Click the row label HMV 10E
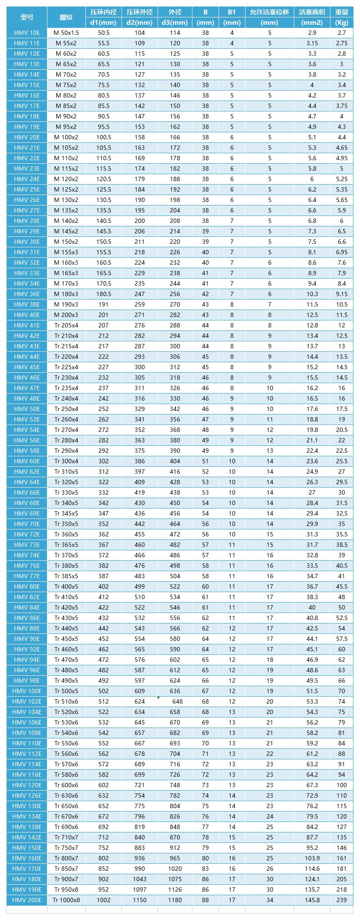[x=27, y=33]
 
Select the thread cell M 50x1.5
[x=66, y=33]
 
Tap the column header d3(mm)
[x=175, y=23]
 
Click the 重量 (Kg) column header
[x=341, y=17]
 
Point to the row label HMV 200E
[x=27, y=900]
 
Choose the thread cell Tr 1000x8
[x=66, y=900]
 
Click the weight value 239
[x=341, y=900]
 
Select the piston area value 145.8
[x=312, y=900]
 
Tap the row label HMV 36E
[x=27, y=294]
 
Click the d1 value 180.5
[x=104, y=294]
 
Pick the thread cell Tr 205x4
[x=66, y=325]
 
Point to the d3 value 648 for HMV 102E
[x=177, y=701]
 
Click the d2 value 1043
[x=140, y=879]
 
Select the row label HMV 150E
[x=27, y=848]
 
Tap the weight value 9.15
[x=341, y=294]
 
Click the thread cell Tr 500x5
[x=66, y=691]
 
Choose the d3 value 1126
[x=175, y=890]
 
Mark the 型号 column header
[x=27, y=17]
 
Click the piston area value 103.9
[x=312, y=858]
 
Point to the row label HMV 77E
[x=27, y=576]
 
